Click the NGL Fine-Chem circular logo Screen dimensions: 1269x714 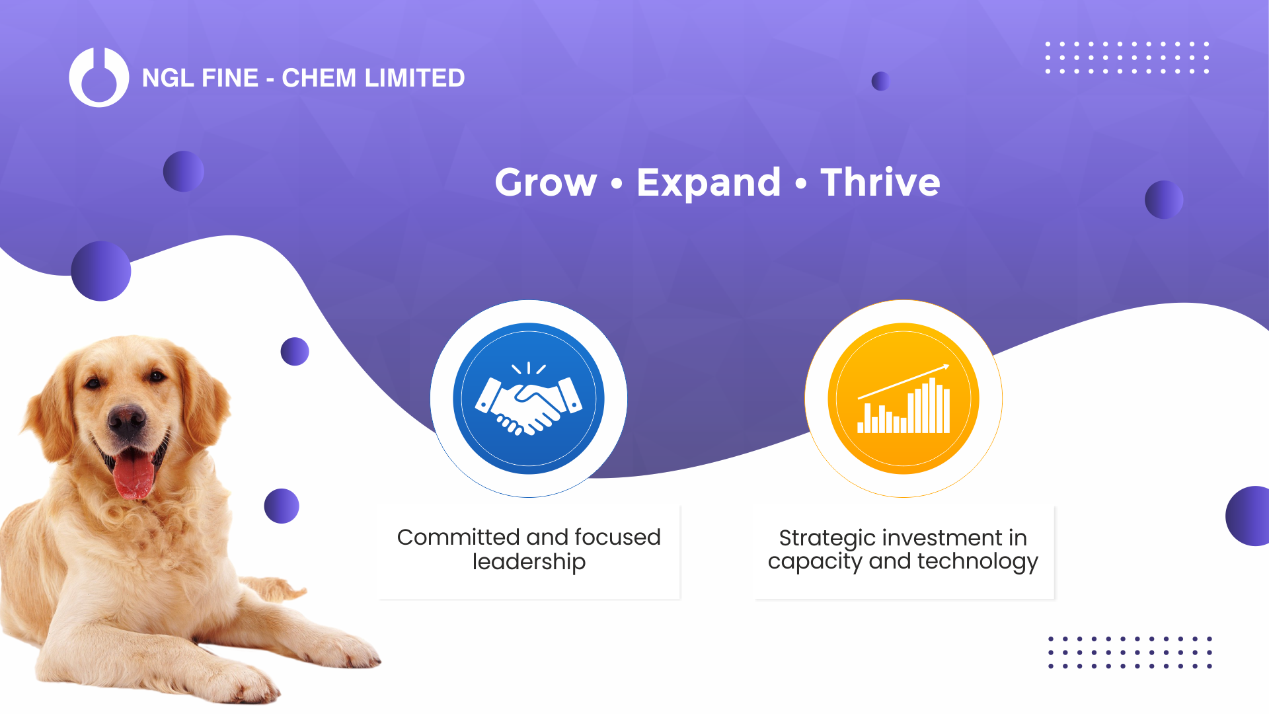pos(99,77)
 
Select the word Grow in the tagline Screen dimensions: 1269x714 pos(546,182)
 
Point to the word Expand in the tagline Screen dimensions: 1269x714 pos(709,183)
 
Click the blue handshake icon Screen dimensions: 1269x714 pos(529,399)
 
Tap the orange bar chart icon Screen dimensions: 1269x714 pos(904,399)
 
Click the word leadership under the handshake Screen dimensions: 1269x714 pos(529,562)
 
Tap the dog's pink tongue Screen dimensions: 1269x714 pos(134,475)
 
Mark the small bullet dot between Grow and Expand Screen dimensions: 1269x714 pos(617,183)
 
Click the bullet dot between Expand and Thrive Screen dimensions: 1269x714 pos(801,183)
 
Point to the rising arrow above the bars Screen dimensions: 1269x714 pos(904,381)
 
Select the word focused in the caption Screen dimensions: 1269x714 pos(617,537)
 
